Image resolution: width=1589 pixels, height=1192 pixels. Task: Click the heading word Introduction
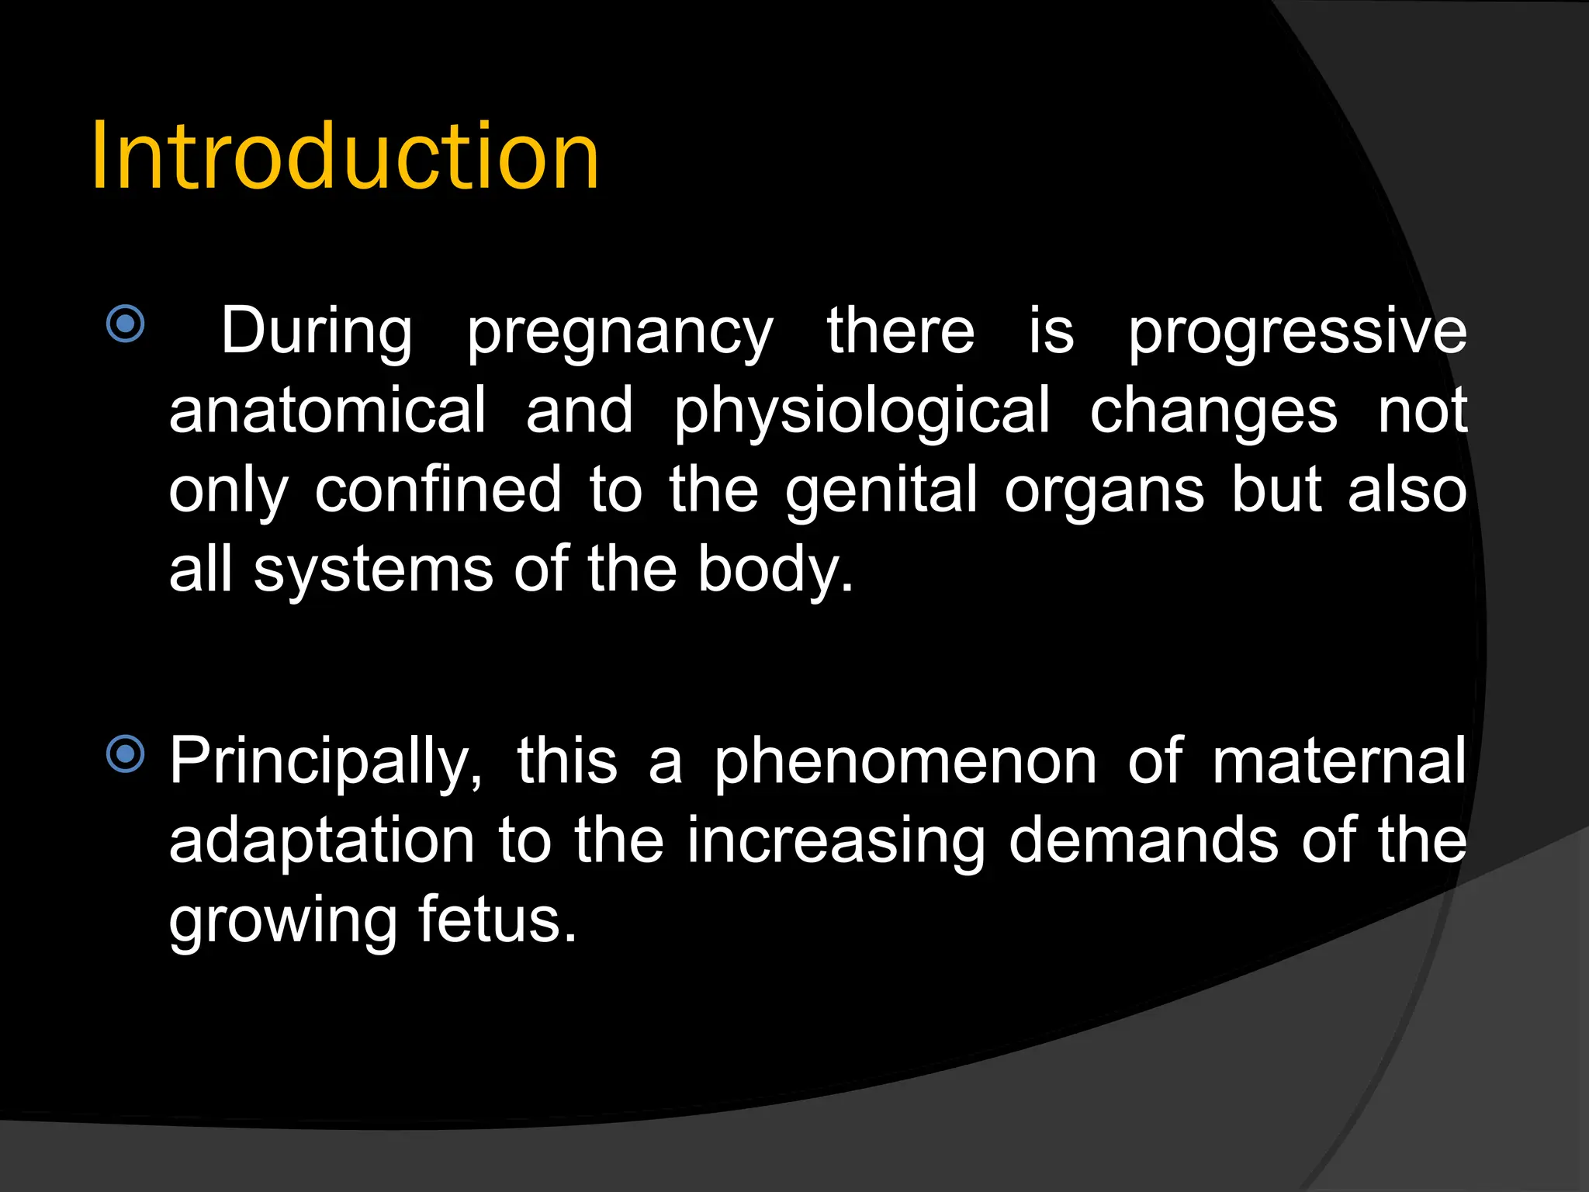coord(345,157)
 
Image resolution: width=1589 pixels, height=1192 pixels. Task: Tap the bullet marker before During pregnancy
coord(126,324)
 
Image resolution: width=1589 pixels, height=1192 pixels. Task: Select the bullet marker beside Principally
coord(126,754)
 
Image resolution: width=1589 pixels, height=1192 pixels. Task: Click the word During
coord(317,331)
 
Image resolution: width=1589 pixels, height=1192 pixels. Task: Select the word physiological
coord(861,413)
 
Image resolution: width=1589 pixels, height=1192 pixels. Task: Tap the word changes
coord(1213,413)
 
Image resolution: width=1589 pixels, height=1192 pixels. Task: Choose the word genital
coord(881,493)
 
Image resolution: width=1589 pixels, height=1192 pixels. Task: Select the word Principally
coord(326,764)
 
